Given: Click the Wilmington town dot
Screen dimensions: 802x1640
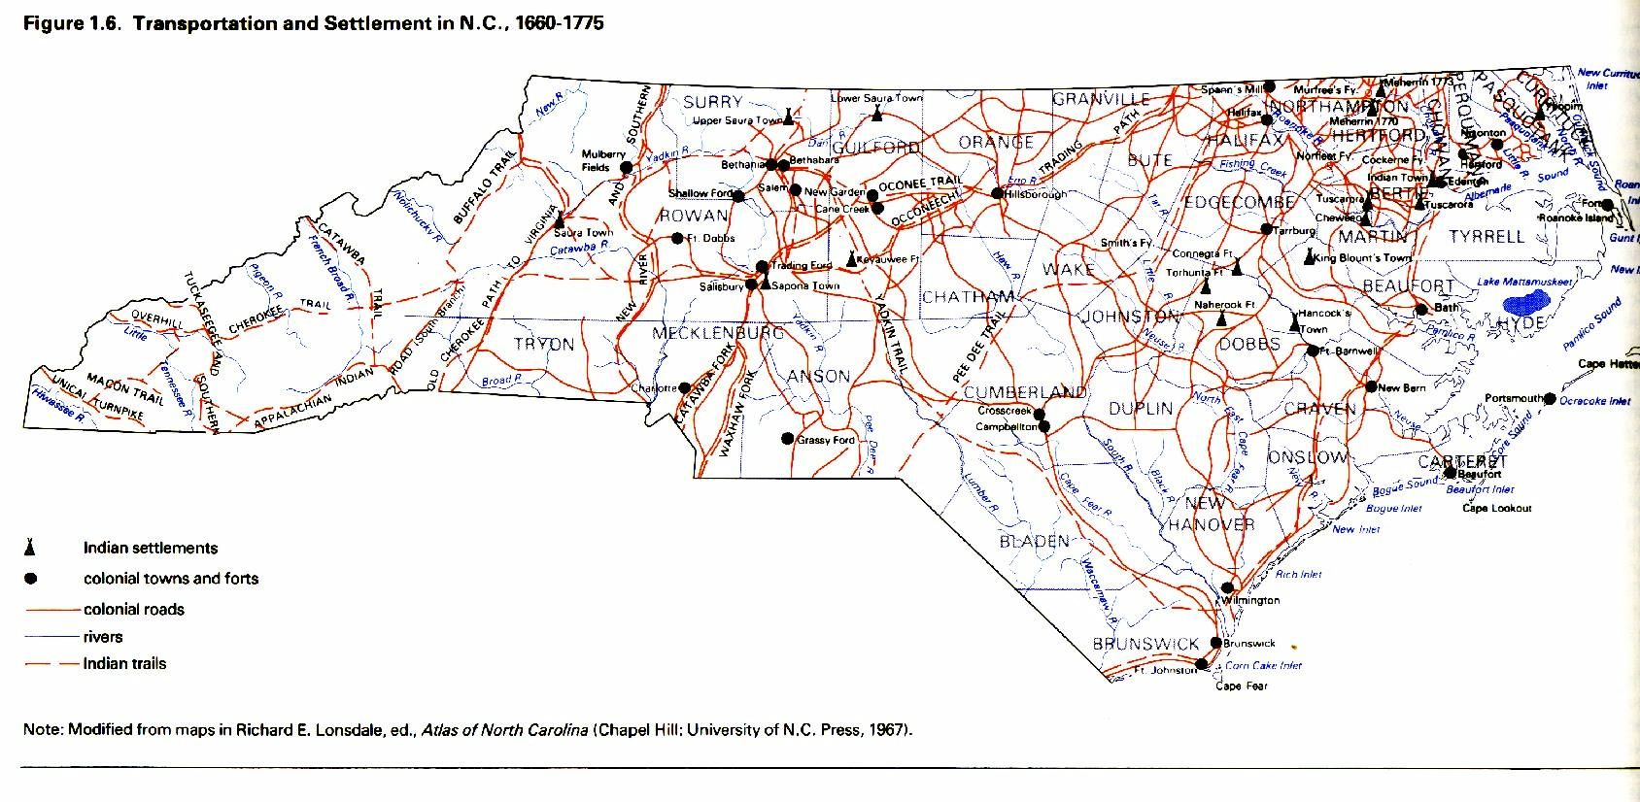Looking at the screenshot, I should [1228, 587].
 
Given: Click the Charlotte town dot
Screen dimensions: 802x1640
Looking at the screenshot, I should [684, 387].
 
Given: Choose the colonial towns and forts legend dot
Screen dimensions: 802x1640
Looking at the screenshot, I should [30, 579].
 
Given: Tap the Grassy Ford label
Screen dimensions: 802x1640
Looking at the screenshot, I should [826, 440].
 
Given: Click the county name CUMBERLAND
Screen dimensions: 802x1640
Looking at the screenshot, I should [1025, 392].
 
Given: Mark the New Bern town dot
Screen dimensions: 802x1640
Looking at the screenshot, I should [1371, 387].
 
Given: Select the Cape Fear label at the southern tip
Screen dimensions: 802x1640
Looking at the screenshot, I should [1242, 685].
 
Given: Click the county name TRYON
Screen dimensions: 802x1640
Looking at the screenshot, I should [543, 345].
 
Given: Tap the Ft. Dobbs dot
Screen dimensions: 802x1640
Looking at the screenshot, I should [677, 238].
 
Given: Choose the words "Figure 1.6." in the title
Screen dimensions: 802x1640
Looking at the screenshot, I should [72, 23].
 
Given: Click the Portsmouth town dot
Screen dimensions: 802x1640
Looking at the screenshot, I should [1550, 399].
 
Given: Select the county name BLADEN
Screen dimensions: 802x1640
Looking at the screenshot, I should [1035, 542].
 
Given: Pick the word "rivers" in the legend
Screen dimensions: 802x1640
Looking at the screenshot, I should [103, 637].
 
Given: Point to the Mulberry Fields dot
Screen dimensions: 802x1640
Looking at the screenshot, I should [626, 167].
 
